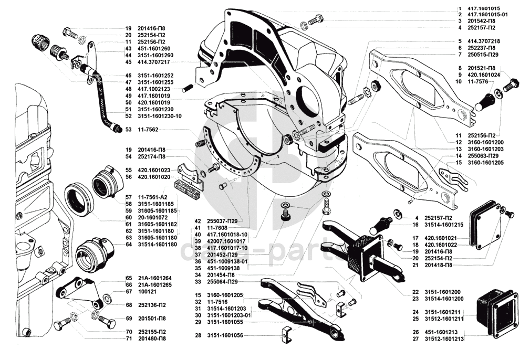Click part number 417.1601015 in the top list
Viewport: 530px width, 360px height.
(483, 8)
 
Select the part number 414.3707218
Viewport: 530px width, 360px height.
(483, 40)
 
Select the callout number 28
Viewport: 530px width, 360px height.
(198, 335)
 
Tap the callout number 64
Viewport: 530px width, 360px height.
(128, 245)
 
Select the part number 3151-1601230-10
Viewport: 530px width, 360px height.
(160, 115)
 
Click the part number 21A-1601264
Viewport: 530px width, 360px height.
(155, 278)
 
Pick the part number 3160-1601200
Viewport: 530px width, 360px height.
(485, 142)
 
